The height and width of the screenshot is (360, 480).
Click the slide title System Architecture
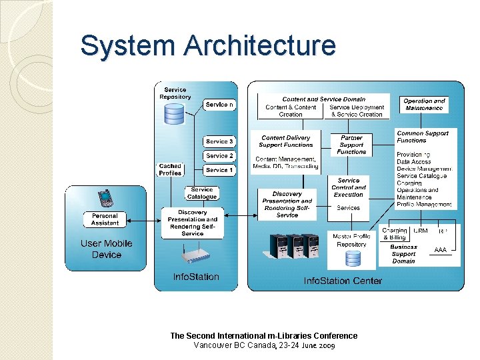(x=207, y=46)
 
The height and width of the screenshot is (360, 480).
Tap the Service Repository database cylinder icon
(x=174, y=113)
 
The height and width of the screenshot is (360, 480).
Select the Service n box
(x=219, y=105)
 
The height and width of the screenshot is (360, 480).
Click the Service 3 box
(x=219, y=141)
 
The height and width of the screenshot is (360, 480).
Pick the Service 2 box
(x=219, y=156)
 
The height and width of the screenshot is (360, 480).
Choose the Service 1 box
(x=219, y=171)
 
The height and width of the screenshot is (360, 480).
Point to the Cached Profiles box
(x=170, y=170)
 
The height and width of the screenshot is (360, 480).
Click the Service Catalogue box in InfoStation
(x=201, y=193)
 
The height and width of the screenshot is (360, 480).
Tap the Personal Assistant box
(x=105, y=219)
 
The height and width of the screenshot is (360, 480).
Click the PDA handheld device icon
(x=105, y=199)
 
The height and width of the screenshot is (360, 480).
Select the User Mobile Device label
(x=107, y=249)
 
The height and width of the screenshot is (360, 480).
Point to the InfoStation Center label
(x=343, y=281)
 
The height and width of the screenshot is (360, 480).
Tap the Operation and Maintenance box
(x=423, y=105)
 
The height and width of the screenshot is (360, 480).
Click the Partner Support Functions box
(x=351, y=145)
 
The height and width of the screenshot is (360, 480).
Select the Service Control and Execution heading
(x=349, y=187)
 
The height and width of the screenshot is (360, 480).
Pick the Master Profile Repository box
(x=351, y=241)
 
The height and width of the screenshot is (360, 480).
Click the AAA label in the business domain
(x=440, y=250)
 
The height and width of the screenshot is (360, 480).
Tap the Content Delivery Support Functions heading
(x=287, y=141)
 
